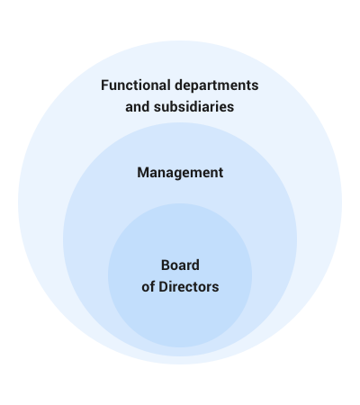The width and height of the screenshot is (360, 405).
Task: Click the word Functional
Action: coord(136,85)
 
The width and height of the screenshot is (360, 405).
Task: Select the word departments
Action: coord(216,85)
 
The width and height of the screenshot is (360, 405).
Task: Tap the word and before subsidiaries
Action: coord(138,107)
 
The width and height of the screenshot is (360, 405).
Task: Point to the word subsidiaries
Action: coord(193,107)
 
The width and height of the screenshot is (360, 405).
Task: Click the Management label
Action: coord(180,173)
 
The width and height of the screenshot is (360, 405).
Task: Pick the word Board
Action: coord(180,265)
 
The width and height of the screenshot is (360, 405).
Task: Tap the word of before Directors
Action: coord(148,287)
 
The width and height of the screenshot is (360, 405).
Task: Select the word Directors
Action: coord(189,287)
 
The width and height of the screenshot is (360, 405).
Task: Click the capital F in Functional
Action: coord(104,85)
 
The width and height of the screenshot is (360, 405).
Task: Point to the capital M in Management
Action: coord(143,173)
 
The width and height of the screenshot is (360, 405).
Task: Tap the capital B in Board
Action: coord(166,265)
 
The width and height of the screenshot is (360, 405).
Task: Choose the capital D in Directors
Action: coord(163,287)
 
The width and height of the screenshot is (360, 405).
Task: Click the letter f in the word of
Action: coord(152,287)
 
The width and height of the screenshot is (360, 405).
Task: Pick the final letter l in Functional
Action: coord(169,85)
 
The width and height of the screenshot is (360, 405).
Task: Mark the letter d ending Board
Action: coord(196,265)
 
